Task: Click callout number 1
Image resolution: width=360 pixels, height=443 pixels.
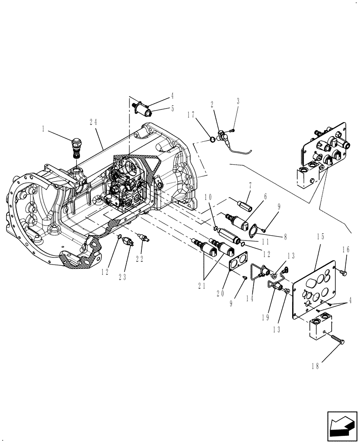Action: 43,129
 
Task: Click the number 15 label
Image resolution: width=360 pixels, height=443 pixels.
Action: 321,237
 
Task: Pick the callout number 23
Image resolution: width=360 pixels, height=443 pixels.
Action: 122,276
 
